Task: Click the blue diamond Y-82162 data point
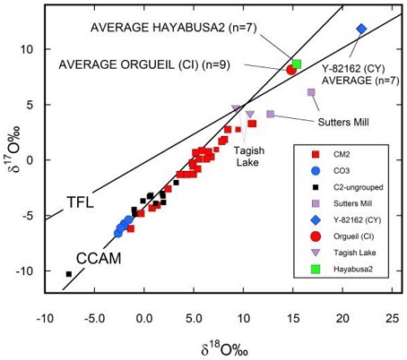click(361, 29)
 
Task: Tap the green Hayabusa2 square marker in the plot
click(297, 64)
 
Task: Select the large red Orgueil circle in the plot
click(291, 69)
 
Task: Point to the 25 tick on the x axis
click(391, 315)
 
